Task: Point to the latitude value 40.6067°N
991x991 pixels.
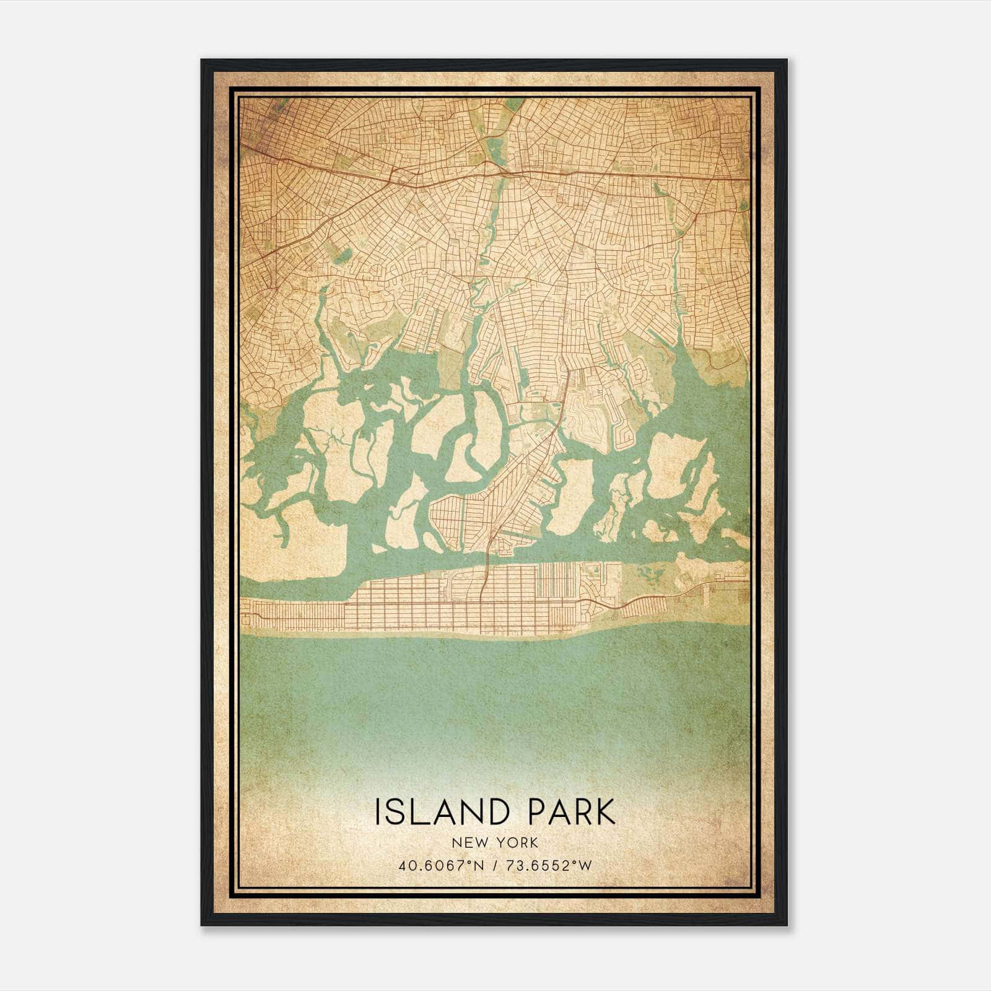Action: pos(439,866)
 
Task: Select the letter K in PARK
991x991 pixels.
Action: pos(604,812)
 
